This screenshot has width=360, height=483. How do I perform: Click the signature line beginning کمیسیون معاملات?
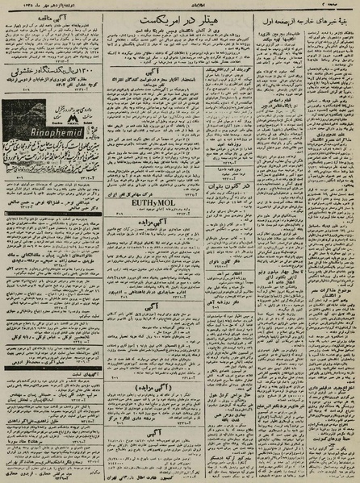(158, 471)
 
